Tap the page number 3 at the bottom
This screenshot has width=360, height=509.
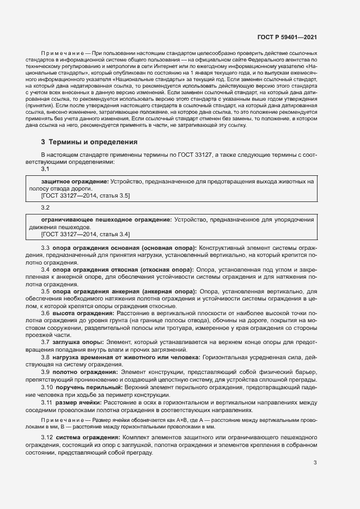315,463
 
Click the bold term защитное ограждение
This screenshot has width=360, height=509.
75,181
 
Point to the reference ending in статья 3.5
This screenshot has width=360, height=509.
86,195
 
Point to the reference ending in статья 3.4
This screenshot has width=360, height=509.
86,234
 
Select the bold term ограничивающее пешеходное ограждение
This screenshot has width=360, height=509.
106,220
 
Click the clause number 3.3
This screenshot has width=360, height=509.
46,248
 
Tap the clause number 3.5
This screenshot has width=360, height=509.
46,291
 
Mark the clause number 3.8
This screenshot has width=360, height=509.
46,357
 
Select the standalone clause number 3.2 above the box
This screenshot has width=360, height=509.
46,208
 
